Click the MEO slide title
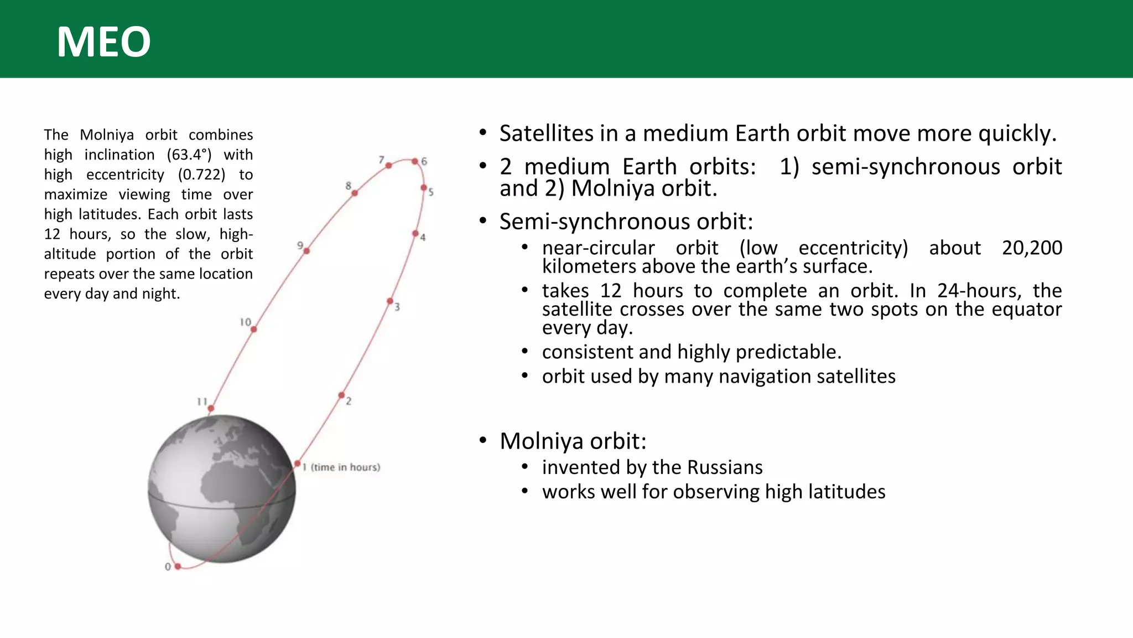(103, 42)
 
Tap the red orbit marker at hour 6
(415, 161)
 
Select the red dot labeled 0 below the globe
(178, 567)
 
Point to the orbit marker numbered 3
(390, 301)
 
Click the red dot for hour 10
(253, 330)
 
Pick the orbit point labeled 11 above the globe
(211, 409)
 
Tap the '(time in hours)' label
(345, 467)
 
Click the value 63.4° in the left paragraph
(189, 155)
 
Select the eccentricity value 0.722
(201, 174)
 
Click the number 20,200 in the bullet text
(1032, 248)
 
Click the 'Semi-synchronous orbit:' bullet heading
(626, 222)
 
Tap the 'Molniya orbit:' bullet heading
(573, 441)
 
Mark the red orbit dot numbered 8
(355, 193)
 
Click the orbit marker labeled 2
(341, 395)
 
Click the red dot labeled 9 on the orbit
(306, 251)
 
